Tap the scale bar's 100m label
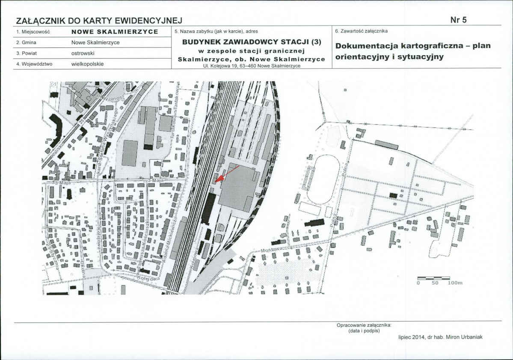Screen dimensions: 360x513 point(454,283)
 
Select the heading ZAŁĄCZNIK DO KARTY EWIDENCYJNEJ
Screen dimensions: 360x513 point(99,21)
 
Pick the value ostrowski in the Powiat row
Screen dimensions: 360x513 point(83,53)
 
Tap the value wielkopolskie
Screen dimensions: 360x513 point(88,64)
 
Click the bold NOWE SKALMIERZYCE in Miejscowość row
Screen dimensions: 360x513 point(115,32)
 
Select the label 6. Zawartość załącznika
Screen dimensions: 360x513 point(361,31)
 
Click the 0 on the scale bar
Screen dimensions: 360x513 point(419,283)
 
